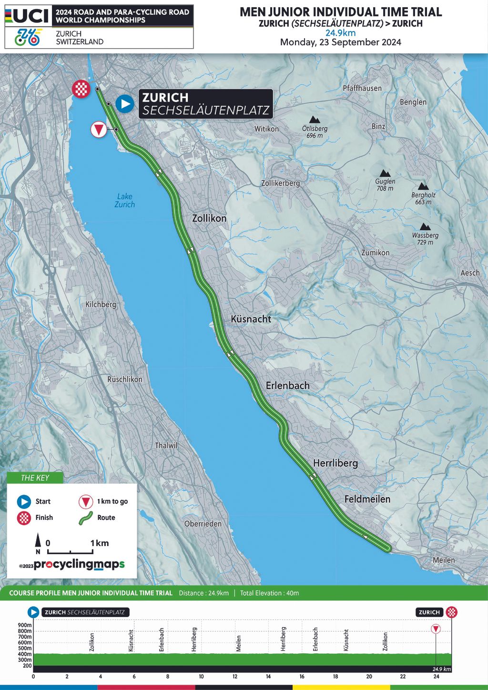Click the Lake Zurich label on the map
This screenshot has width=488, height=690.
[124, 200]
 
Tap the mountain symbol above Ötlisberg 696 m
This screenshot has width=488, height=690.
[315, 120]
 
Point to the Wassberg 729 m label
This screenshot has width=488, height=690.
[425, 238]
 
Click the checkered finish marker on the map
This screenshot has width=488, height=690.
[81, 89]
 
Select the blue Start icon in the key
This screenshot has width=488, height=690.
[24, 501]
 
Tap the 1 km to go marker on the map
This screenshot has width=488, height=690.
[99, 130]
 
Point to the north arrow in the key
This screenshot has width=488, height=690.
[38, 543]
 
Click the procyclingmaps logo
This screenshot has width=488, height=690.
[79, 564]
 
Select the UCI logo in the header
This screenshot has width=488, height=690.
[27, 16]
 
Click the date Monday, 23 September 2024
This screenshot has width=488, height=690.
[340, 42]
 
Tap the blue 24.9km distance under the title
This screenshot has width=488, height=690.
[340, 33]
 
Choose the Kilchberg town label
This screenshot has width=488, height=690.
[101, 304]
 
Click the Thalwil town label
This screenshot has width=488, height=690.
[166, 445]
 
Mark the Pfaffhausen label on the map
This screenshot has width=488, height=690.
[362, 88]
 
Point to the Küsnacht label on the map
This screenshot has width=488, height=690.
[251, 319]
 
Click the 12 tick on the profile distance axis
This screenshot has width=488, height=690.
[235, 676]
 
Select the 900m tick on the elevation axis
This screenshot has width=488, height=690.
[25, 625]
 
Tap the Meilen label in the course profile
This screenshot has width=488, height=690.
[239, 643]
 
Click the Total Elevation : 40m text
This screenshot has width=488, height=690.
[269, 593]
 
